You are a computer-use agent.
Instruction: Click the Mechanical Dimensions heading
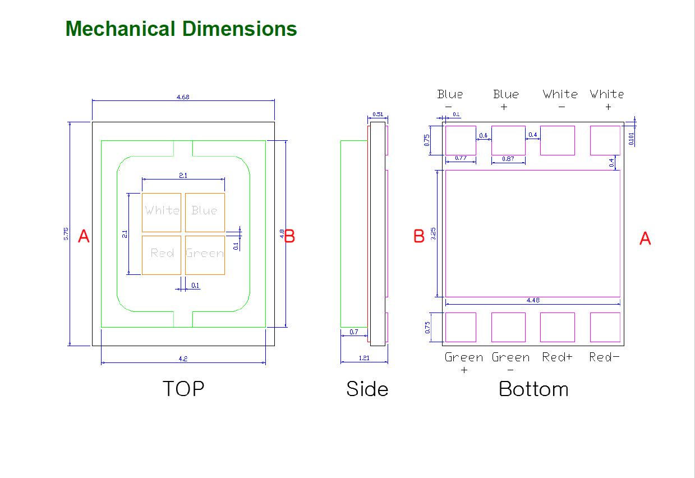181,29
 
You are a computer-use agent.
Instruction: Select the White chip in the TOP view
162,212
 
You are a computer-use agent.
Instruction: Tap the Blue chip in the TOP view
205,212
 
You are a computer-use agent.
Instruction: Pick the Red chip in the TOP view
162,255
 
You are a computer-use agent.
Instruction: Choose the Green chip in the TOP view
205,255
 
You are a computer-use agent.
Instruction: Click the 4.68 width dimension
183,97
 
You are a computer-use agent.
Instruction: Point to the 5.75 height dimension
66,234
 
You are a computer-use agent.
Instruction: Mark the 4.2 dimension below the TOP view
183,358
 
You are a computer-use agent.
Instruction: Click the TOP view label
183,388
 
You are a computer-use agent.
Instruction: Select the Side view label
367,389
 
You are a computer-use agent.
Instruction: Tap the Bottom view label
533,389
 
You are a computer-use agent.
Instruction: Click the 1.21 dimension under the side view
364,358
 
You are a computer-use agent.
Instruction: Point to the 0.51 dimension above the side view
378,115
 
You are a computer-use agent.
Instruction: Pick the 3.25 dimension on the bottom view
433,233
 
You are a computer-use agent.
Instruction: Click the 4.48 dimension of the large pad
533,301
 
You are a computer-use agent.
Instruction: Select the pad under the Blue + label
508,140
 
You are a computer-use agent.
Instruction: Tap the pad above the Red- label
605,327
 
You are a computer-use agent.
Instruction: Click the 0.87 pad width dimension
508,159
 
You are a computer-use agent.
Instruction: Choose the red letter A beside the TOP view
84,236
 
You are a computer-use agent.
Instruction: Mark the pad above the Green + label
461,327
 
